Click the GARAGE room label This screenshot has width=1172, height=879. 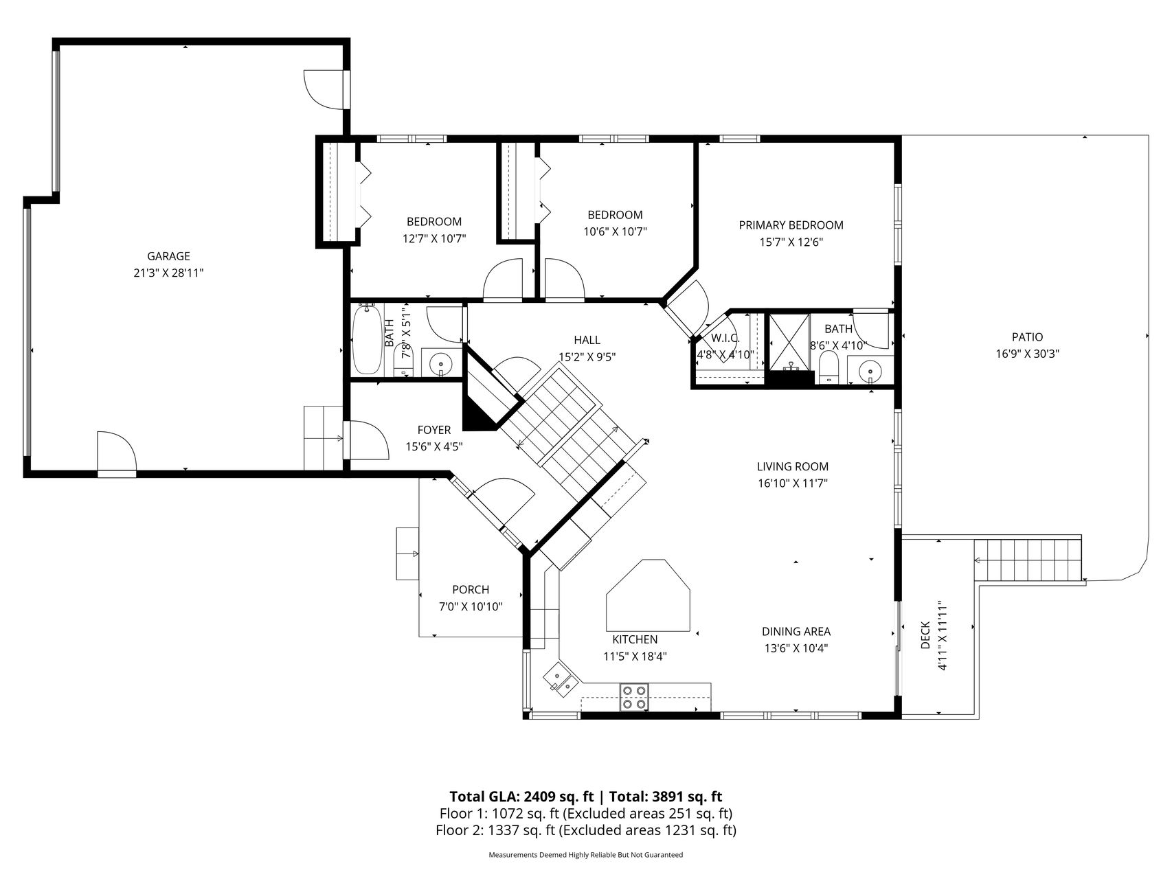[x=168, y=256]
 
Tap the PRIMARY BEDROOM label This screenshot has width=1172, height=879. [x=791, y=225]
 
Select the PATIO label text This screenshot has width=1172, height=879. [x=1027, y=337]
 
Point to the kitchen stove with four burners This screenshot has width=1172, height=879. [x=634, y=696]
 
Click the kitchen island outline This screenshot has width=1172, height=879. [x=648, y=595]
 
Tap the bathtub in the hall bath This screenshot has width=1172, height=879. [x=368, y=339]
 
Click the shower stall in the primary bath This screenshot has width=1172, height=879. [x=788, y=341]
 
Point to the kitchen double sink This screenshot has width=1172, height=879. [x=561, y=680]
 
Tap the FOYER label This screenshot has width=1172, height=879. [x=433, y=430]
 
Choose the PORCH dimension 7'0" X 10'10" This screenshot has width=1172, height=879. [x=471, y=606]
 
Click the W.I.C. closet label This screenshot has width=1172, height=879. [x=725, y=338]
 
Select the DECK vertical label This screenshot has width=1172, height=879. [x=925, y=635]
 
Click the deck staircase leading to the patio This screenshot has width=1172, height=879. [x=1026, y=560]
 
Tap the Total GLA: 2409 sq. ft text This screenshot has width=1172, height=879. [x=521, y=797]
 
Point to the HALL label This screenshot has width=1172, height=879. [x=587, y=340]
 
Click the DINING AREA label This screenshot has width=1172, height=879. [x=796, y=632]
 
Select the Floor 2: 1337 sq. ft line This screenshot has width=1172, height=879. [x=586, y=830]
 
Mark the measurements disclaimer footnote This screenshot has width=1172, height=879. [x=585, y=855]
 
